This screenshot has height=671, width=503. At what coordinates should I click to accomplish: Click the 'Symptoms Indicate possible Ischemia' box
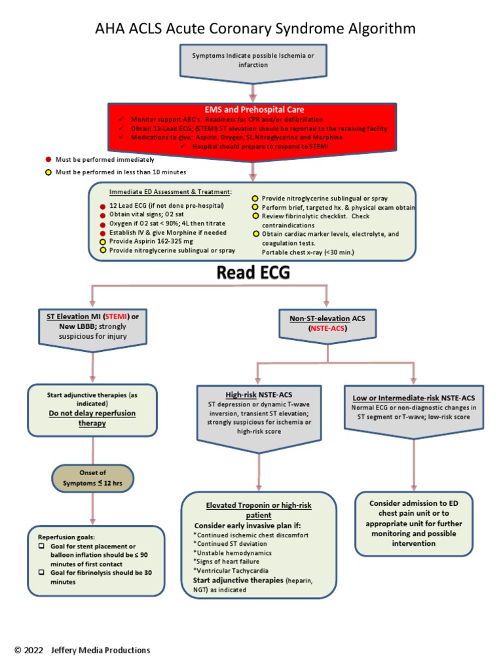pyautogui.click(x=252, y=60)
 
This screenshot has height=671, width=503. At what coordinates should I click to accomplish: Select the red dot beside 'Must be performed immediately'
pyautogui.click(x=48, y=159)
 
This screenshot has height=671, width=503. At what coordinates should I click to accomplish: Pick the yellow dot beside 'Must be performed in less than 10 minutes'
pyautogui.click(x=48, y=172)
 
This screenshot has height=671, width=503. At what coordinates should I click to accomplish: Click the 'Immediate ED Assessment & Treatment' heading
pyautogui.click(x=170, y=191)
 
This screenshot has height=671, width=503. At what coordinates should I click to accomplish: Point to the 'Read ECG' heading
pyautogui.click(x=252, y=273)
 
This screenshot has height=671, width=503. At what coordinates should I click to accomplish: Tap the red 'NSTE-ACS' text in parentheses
pyautogui.click(x=327, y=329)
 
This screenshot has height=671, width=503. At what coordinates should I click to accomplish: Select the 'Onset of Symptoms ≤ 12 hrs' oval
pyautogui.click(x=92, y=478)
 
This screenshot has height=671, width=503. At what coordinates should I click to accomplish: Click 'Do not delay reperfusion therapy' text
pyautogui.click(x=92, y=418)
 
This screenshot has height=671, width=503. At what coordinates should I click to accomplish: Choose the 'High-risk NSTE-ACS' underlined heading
pyautogui.click(x=259, y=395)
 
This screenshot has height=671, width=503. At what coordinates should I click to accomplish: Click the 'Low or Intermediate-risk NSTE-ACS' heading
pyautogui.click(x=414, y=398)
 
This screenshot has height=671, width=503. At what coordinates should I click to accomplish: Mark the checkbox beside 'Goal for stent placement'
pyautogui.click(x=41, y=546)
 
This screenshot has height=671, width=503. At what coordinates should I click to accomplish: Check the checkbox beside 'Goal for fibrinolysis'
pyautogui.click(x=41, y=572)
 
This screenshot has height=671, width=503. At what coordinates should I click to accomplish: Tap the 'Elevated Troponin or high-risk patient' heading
pyautogui.click(x=259, y=510)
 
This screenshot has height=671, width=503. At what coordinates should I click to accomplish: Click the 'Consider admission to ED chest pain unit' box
pyautogui.click(x=414, y=524)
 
